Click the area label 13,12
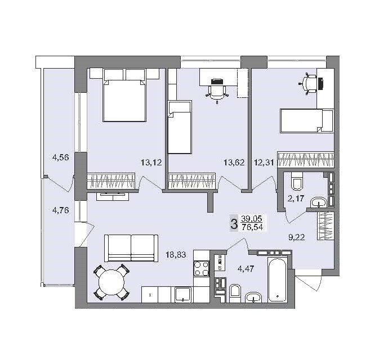(151, 163)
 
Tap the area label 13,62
(234, 163)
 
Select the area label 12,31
(265, 163)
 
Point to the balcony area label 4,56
(60, 157)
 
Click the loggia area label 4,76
(60, 211)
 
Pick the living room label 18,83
(176, 255)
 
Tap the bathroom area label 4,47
(245, 269)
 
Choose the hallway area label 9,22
(296, 237)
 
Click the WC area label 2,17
(295, 199)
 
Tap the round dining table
(112, 282)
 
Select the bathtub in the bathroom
(278, 280)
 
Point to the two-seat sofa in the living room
(131, 247)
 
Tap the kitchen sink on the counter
(183, 294)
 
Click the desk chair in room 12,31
(308, 83)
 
